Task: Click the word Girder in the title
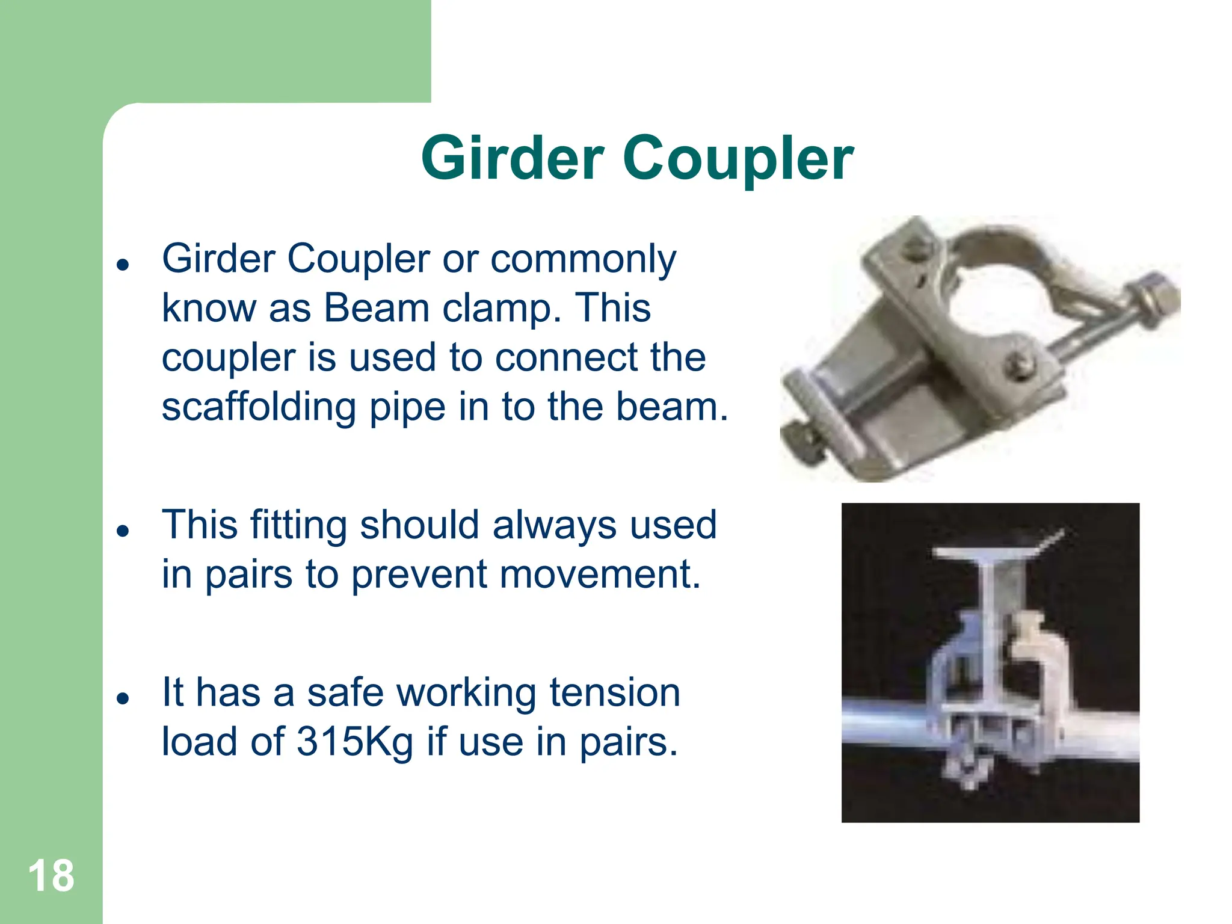(512, 158)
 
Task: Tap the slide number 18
(51, 876)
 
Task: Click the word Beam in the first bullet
(376, 308)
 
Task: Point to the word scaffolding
(259, 407)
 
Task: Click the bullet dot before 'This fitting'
(123, 531)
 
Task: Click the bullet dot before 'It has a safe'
(123, 698)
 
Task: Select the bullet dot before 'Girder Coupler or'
(123, 264)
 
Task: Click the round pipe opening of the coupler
(993, 301)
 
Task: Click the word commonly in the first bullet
(583, 260)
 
